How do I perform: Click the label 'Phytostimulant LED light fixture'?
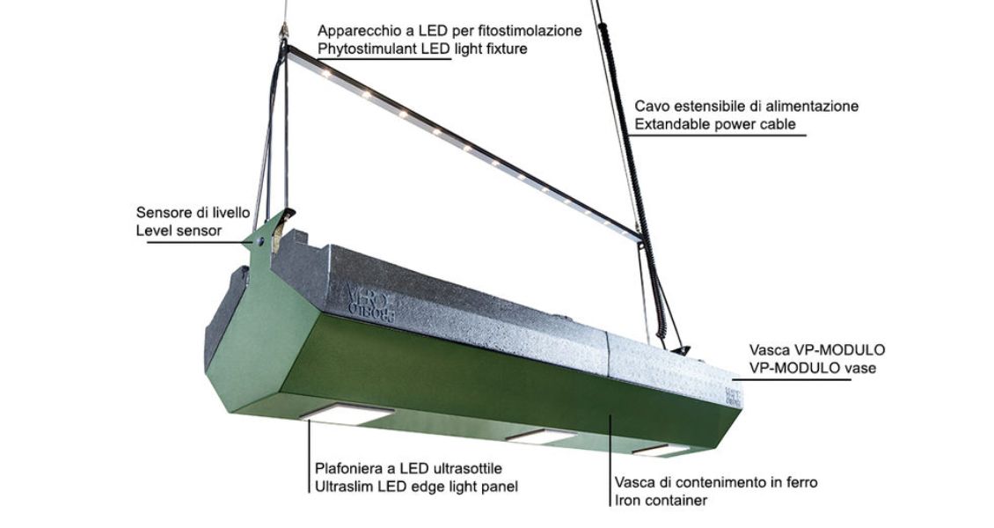click(x=422, y=48)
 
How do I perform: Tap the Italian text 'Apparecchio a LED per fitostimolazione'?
click(x=449, y=31)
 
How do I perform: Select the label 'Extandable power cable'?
click(x=715, y=124)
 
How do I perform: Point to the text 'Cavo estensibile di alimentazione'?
click(x=747, y=106)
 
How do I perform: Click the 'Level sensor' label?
click(x=179, y=231)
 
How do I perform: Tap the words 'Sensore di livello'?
click(x=193, y=212)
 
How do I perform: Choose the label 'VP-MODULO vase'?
click(x=812, y=368)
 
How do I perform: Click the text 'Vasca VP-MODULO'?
click(x=817, y=350)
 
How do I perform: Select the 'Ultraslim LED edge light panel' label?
click(x=416, y=488)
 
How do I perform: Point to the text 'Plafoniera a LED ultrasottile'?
click(x=408, y=469)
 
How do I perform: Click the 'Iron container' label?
click(x=661, y=501)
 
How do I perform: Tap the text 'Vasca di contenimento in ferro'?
click(x=716, y=482)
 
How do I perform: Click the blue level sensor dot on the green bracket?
click(x=259, y=240)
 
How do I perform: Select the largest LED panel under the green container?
click(x=347, y=414)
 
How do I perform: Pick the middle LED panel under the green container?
click(x=541, y=436)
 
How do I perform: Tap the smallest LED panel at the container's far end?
click(x=660, y=450)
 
